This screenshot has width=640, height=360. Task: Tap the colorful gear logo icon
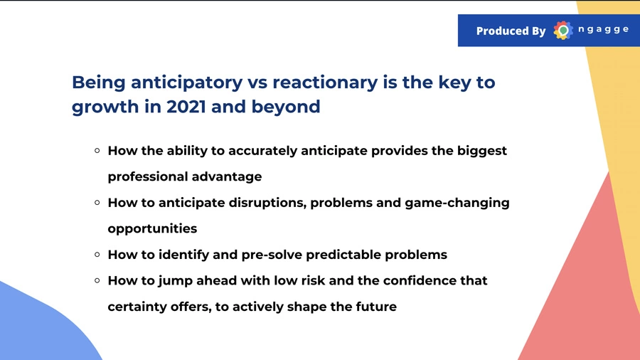(563, 30)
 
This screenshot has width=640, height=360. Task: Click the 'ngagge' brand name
(604, 29)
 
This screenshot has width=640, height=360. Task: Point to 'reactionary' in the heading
(325, 83)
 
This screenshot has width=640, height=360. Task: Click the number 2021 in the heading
(186, 107)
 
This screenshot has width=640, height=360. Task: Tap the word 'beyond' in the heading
(286, 107)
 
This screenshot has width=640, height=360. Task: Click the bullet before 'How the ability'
(97, 151)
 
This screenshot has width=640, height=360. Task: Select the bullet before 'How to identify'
(97, 255)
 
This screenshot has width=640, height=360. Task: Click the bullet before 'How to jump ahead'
(97, 280)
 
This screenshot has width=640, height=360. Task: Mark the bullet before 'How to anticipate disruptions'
(97, 203)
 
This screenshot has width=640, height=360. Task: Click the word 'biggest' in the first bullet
(482, 152)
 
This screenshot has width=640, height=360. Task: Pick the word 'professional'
(148, 177)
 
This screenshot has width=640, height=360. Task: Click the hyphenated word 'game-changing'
(457, 203)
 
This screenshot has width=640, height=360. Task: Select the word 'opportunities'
(152, 229)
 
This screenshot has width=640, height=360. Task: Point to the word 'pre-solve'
(272, 255)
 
